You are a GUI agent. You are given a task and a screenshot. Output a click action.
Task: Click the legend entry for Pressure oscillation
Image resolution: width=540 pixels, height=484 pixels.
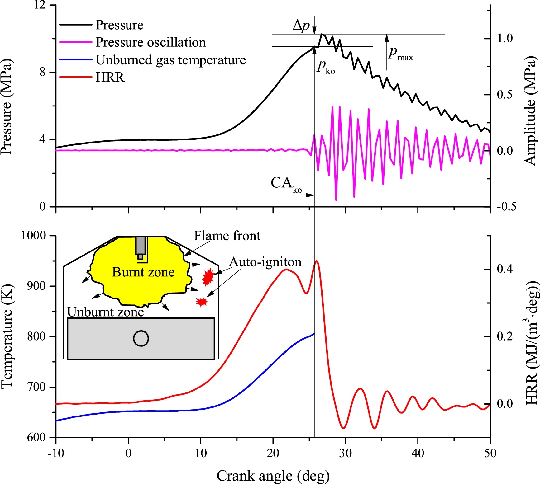click(132, 42)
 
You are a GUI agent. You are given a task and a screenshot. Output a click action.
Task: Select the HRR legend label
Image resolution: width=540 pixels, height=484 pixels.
click(92, 77)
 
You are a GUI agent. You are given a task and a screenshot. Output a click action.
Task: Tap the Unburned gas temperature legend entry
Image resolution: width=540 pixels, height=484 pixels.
click(152, 60)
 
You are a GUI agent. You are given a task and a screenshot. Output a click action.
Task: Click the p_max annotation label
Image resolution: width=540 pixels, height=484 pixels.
click(401, 53)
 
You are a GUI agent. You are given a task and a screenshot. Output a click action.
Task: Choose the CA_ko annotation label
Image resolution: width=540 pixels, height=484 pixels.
click(286, 184)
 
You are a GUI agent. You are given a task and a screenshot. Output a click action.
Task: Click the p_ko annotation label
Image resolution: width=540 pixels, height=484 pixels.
click(326, 67)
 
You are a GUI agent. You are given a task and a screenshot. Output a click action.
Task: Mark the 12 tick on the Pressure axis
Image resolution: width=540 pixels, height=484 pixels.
click(40, 5)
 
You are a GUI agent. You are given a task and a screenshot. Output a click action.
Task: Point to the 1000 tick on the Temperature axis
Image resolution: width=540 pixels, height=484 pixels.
click(33, 235)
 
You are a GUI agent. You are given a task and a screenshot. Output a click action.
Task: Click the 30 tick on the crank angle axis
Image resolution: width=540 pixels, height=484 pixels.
click(345, 453)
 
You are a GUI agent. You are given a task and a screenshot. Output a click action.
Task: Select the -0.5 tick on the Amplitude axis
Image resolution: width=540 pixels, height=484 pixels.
click(506, 207)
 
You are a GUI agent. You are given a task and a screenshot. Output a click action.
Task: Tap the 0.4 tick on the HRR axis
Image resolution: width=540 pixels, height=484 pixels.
click(505, 269)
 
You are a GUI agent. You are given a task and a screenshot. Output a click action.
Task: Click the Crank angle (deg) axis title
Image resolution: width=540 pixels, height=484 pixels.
click(273, 476)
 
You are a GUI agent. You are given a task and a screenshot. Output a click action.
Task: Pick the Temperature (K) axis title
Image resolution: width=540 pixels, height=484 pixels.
click(7, 336)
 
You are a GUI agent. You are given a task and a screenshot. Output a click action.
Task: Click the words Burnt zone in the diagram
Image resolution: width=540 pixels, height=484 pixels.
click(143, 272)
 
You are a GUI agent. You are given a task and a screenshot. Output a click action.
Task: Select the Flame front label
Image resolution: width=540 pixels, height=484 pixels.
click(227, 236)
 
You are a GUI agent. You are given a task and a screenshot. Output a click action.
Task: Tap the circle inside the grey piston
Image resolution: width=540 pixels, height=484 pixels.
click(141, 338)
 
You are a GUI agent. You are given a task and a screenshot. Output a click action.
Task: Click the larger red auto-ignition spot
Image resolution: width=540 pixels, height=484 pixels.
click(208, 277)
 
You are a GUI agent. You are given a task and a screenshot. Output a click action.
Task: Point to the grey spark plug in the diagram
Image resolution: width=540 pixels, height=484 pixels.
click(141, 248)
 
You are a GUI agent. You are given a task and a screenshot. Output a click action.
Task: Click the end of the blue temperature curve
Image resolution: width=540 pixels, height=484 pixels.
click(314, 333)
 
